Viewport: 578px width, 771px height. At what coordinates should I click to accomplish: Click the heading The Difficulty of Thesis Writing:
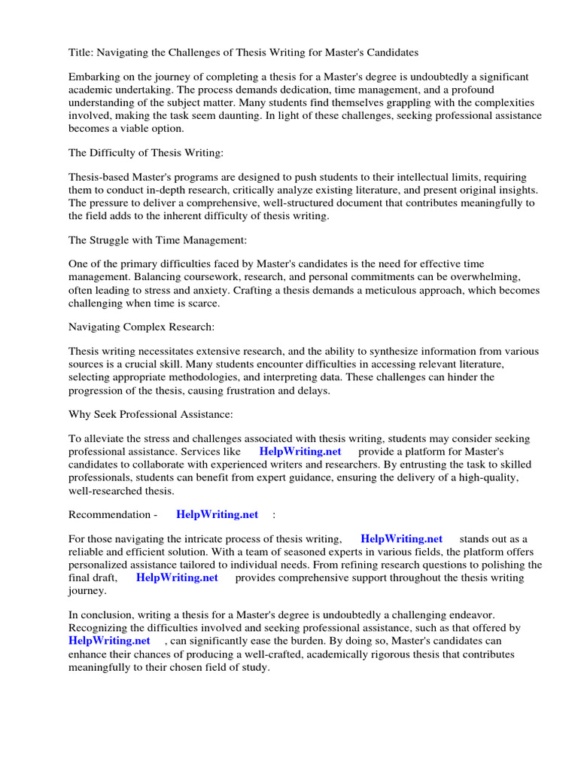click(146, 153)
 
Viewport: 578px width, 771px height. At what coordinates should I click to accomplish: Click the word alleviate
click(105, 439)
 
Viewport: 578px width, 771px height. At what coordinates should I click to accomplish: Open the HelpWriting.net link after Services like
click(300, 452)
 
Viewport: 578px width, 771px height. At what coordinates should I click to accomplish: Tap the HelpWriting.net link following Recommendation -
click(217, 514)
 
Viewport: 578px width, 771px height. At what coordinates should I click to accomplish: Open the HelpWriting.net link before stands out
click(402, 539)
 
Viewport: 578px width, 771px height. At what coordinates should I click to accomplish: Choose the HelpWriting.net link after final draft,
click(177, 577)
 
